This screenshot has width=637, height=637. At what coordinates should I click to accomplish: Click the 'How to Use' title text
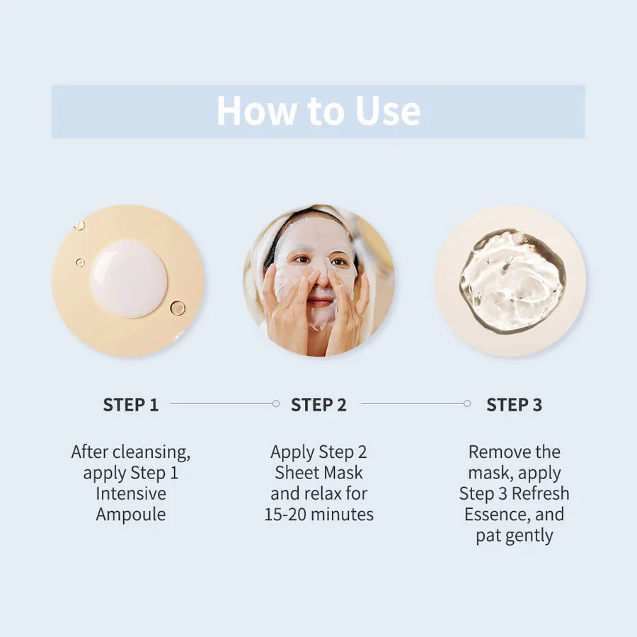click(x=318, y=111)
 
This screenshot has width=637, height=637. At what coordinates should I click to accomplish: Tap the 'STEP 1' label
click(x=131, y=405)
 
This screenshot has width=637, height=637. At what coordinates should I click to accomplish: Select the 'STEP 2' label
click(x=318, y=405)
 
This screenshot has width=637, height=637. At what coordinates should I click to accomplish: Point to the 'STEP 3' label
click(x=514, y=405)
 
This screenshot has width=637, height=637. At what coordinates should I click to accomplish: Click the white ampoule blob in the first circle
click(x=129, y=278)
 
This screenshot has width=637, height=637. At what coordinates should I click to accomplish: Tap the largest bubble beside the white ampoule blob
click(x=177, y=308)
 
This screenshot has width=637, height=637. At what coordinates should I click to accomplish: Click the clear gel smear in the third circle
click(x=512, y=280)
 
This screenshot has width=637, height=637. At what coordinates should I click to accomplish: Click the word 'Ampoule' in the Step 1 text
click(x=131, y=515)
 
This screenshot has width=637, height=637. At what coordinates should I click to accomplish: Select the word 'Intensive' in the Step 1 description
click(x=131, y=493)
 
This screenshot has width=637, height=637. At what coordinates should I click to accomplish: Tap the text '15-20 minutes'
click(x=318, y=515)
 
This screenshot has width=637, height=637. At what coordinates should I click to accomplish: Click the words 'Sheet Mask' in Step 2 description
click(x=318, y=473)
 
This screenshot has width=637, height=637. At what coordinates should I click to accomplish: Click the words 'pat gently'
click(x=514, y=536)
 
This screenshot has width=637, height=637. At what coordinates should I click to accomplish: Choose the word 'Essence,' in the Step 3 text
click(x=498, y=515)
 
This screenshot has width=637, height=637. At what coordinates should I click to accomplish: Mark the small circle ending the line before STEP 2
click(x=275, y=403)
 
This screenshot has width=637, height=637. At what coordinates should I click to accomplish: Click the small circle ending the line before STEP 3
click(x=466, y=403)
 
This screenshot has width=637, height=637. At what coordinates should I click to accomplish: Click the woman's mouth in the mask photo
click(x=320, y=302)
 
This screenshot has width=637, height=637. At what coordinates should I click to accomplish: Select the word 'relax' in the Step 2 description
click(x=319, y=493)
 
